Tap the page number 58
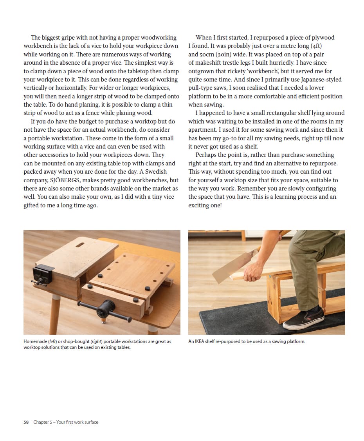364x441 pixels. tap(26, 422)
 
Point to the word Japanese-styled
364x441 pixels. tap(319, 79)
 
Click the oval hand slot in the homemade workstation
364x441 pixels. tap(81, 245)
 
